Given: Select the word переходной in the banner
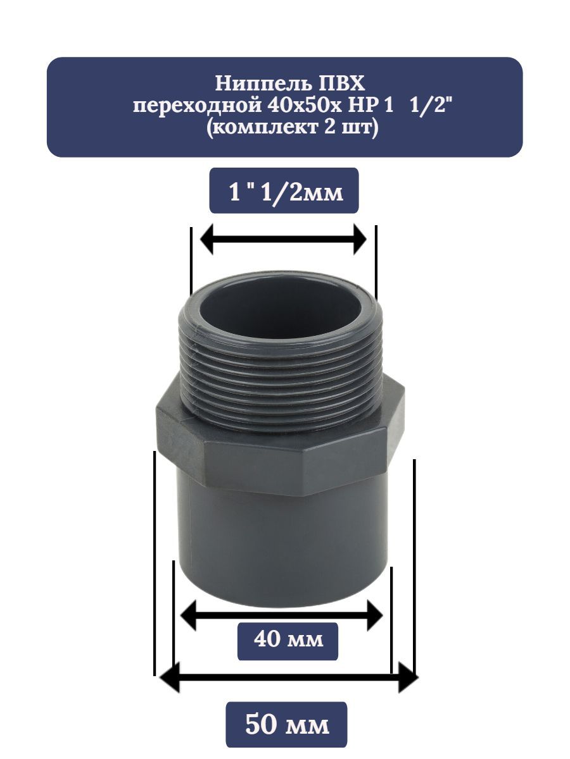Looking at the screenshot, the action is pyautogui.click(x=197, y=106).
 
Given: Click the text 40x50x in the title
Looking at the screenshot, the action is pyautogui.click(x=303, y=105).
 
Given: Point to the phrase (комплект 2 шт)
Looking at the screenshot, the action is pyautogui.click(x=291, y=128).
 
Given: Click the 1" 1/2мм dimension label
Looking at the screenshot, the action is pyautogui.click(x=286, y=193).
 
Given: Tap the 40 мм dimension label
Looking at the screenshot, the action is pyautogui.click(x=288, y=640).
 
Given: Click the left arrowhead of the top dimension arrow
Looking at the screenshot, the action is pyautogui.click(x=207, y=239).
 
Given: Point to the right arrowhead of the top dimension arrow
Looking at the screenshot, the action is pyautogui.click(x=359, y=239).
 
